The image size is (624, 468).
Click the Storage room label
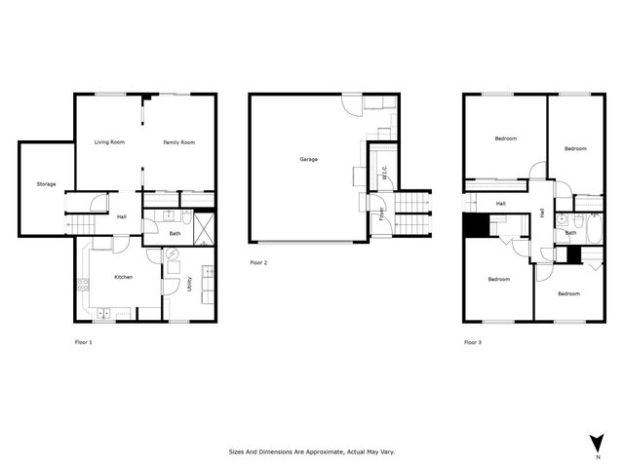(x=46, y=184)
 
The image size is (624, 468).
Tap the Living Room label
(x=109, y=143)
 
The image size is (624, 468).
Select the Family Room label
(x=178, y=143)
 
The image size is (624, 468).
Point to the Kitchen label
(x=123, y=278)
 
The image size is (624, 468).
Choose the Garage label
(x=308, y=159)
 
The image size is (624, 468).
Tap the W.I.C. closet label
(x=385, y=175)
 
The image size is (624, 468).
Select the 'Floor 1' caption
(x=85, y=342)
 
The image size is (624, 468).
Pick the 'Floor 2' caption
(x=258, y=262)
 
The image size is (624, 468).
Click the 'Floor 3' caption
(x=472, y=342)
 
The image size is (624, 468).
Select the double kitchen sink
(x=105, y=313)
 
